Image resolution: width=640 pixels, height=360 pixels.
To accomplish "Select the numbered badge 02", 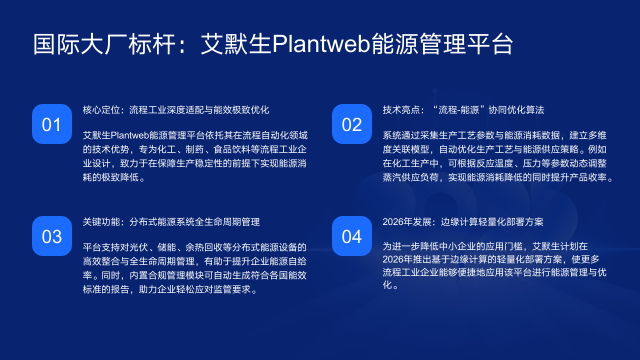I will pos(351,124).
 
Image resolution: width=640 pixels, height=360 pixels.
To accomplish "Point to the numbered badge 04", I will pos(351,236).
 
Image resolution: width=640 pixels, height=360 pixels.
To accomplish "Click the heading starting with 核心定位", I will pos(175,109).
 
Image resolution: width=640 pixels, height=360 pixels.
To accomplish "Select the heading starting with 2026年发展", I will pos(463,221).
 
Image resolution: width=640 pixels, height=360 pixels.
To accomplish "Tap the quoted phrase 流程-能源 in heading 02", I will pos(452,109).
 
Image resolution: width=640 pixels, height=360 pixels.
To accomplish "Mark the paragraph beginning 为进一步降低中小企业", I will pos(490,265).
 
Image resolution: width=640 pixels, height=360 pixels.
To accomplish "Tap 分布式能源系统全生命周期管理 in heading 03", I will pos(192,221).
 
